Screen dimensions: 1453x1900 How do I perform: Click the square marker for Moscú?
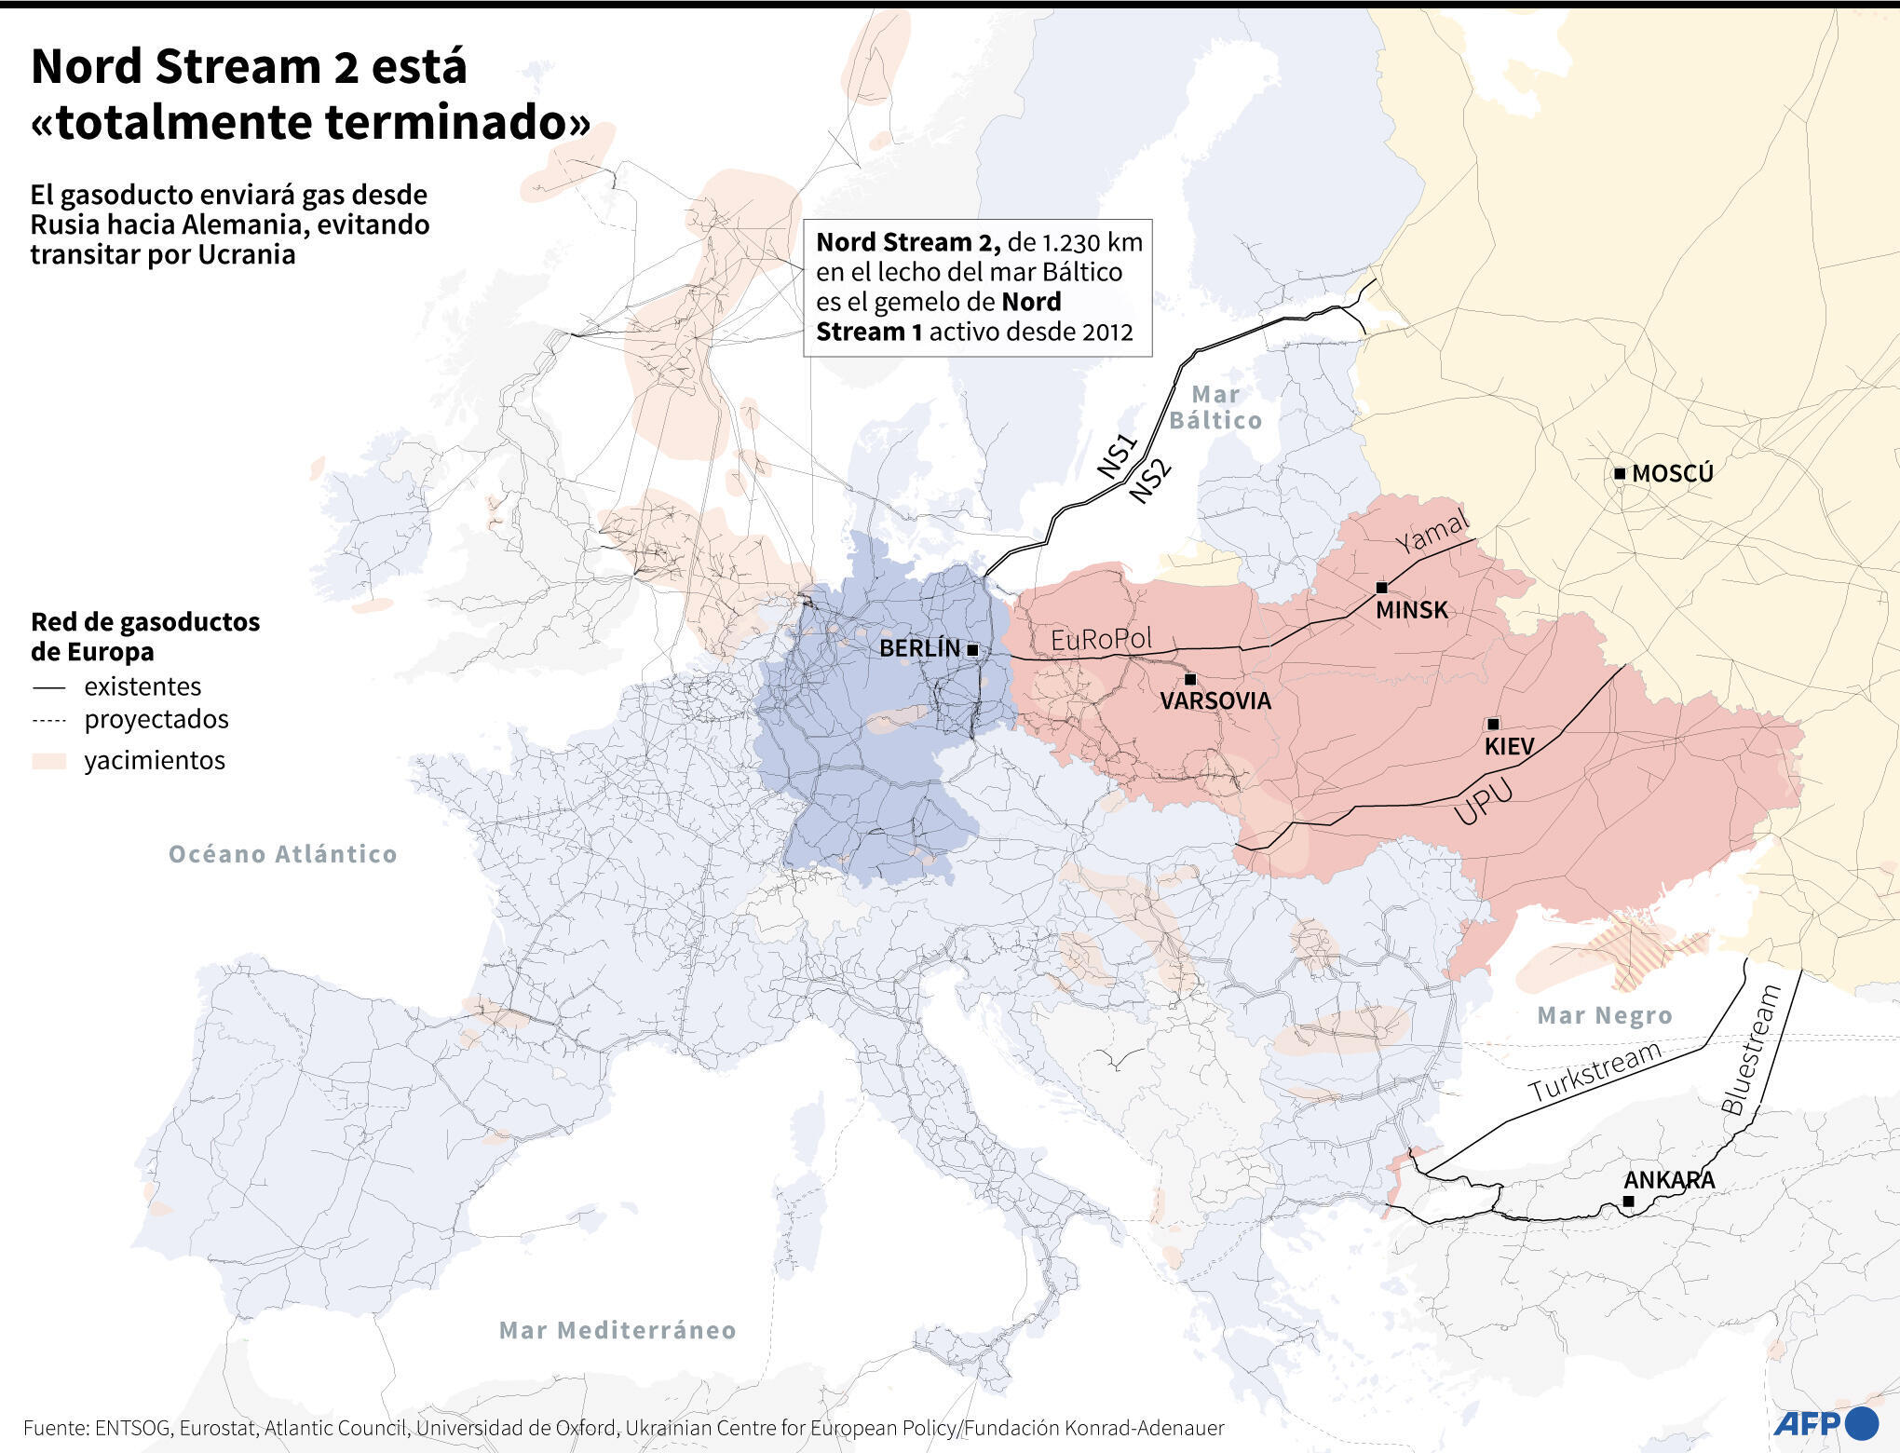1620,474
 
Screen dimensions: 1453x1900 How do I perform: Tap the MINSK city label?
1412,611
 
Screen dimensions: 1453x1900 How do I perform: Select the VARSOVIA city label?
1215,701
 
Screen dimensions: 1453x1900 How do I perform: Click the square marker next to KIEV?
1493,724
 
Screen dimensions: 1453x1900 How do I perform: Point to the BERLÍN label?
919,648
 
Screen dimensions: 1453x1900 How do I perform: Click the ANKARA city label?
1670,1180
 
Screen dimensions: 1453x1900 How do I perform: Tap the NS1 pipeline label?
1118,456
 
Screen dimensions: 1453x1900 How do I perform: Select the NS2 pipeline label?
1150,482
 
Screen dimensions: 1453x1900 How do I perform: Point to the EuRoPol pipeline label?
1101,640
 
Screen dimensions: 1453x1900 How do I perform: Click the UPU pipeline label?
1484,803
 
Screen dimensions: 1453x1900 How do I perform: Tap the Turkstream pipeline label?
1595,1072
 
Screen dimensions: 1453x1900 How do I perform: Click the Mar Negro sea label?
1605,1015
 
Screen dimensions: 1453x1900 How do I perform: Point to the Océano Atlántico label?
283,854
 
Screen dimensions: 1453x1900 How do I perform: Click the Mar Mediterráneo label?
617,1330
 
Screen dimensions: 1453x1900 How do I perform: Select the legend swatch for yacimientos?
49,761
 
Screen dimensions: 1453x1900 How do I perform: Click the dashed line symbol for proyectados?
49,720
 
